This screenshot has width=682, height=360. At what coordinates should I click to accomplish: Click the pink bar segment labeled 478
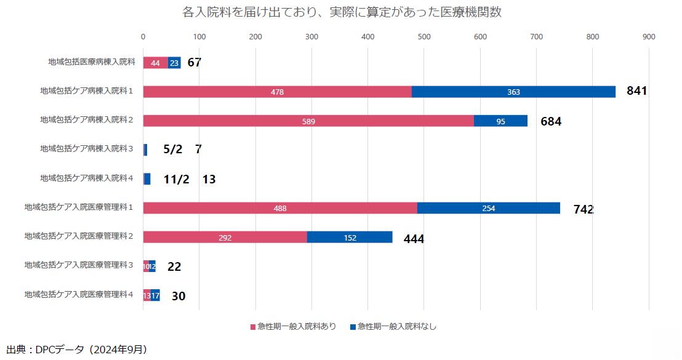tap(277, 92)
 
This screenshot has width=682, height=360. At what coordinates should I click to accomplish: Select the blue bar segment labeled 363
tap(513, 92)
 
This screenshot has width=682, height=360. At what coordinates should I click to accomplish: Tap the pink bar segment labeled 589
tap(308, 121)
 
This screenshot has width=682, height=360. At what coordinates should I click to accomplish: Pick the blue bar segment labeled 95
tap(500, 121)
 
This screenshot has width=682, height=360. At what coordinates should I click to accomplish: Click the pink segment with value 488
tap(280, 208)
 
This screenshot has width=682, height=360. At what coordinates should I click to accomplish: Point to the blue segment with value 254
tap(489, 208)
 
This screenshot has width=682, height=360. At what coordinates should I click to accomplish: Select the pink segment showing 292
tap(225, 238)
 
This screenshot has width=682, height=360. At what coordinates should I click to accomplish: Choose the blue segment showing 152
tap(350, 238)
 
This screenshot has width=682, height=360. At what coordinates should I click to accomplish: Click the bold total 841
tap(636, 91)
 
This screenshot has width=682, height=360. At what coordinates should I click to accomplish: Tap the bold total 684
tap(551, 121)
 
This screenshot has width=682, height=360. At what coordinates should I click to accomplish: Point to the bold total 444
tap(414, 239)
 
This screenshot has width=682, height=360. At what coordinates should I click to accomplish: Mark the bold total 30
tap(179, 296)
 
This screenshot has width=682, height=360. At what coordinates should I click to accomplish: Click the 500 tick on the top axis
tap(424, 37)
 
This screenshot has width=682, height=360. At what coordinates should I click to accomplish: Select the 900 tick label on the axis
tap(649, 37)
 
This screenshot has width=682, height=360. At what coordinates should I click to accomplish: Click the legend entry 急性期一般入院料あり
tap(293, 326)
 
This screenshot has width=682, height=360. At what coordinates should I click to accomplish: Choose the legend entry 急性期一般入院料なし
tap(393, 326)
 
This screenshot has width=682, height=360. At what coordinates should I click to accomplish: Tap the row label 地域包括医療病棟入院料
tap(91, 62)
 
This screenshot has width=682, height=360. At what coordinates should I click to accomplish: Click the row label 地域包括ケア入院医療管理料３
tap(79, 265)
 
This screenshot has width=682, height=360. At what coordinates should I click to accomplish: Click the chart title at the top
tap(342, 12)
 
